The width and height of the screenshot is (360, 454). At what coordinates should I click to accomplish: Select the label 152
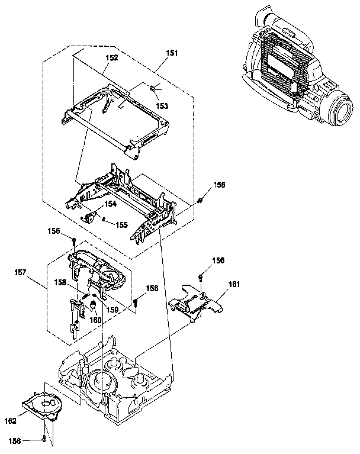[x=112, y=58]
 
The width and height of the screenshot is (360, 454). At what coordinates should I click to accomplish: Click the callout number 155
[x=121, y=225]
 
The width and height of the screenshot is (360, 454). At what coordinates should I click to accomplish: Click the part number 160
[x=94, y=320]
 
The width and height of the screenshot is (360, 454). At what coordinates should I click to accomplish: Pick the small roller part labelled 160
[x=93, y=305]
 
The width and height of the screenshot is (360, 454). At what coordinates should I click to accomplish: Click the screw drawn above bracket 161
[x=202, y=277]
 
